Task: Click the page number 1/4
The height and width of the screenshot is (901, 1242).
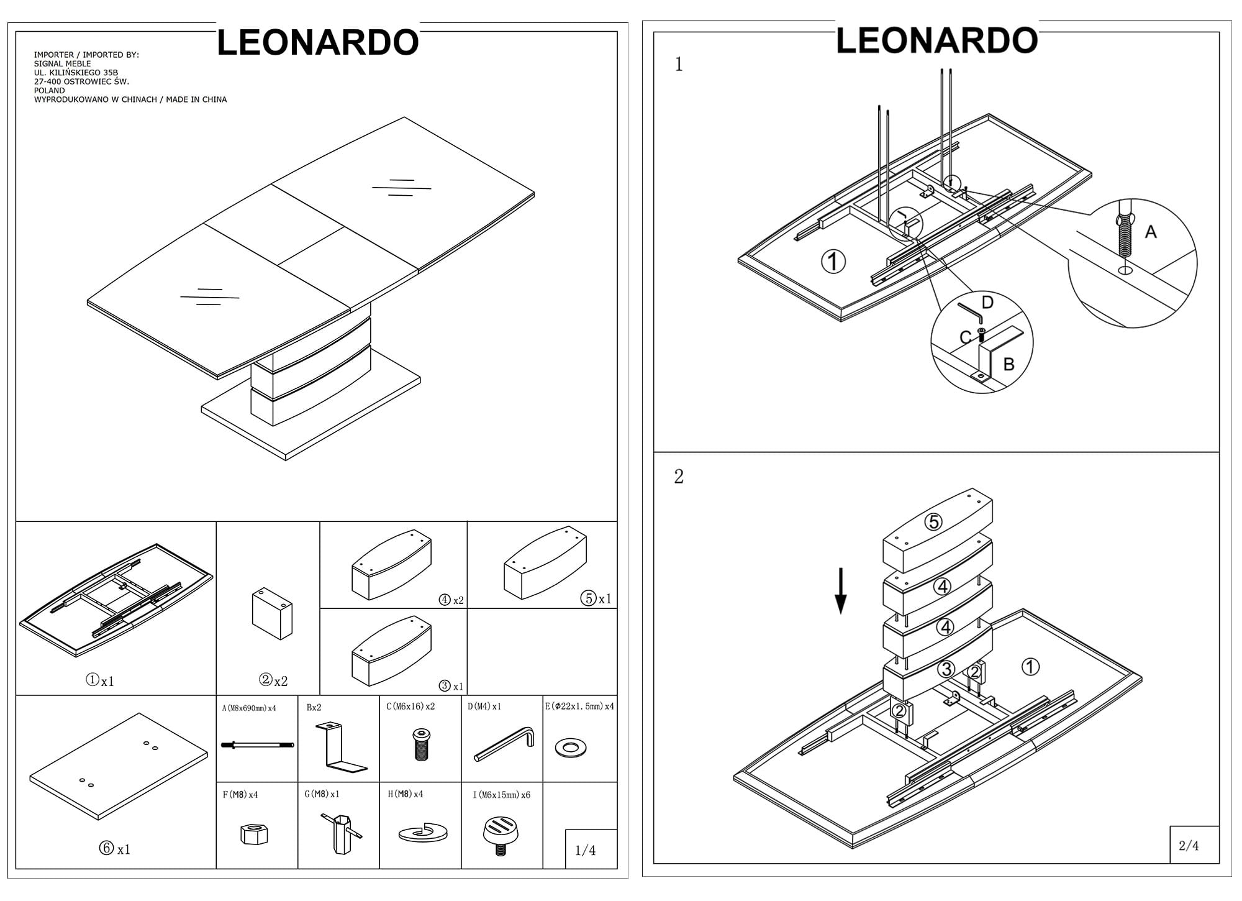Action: (x=585, y=850)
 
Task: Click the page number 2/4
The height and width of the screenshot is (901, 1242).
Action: (x=1188, y=846)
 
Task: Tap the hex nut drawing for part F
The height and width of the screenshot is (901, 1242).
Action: (x=253, y=833)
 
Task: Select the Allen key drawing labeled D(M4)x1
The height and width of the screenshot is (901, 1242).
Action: (x=504, y=744)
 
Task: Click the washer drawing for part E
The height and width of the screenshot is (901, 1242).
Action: (x=571, y=748)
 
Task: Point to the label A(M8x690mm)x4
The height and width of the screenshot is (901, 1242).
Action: (x=249, y=708)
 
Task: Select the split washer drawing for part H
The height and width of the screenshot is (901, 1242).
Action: (x=423, y=833)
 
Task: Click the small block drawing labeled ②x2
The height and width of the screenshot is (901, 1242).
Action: (x=272, y=614)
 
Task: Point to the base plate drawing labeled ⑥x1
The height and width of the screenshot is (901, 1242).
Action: (x=119, y=766)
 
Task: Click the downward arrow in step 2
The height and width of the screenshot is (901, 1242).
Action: (x=840, y=591)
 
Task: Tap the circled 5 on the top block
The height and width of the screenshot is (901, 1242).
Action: (x=933, y=523)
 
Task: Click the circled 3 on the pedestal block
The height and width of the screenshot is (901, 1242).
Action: (x=945, y=669)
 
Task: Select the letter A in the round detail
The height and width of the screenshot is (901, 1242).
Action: (x=1150, y=232)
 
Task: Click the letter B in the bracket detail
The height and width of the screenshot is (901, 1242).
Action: (x=1009, y=364)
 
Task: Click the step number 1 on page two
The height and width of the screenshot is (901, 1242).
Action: (x=679, y=65)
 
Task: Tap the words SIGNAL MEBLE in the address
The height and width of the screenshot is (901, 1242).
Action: (x=62, y=63)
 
